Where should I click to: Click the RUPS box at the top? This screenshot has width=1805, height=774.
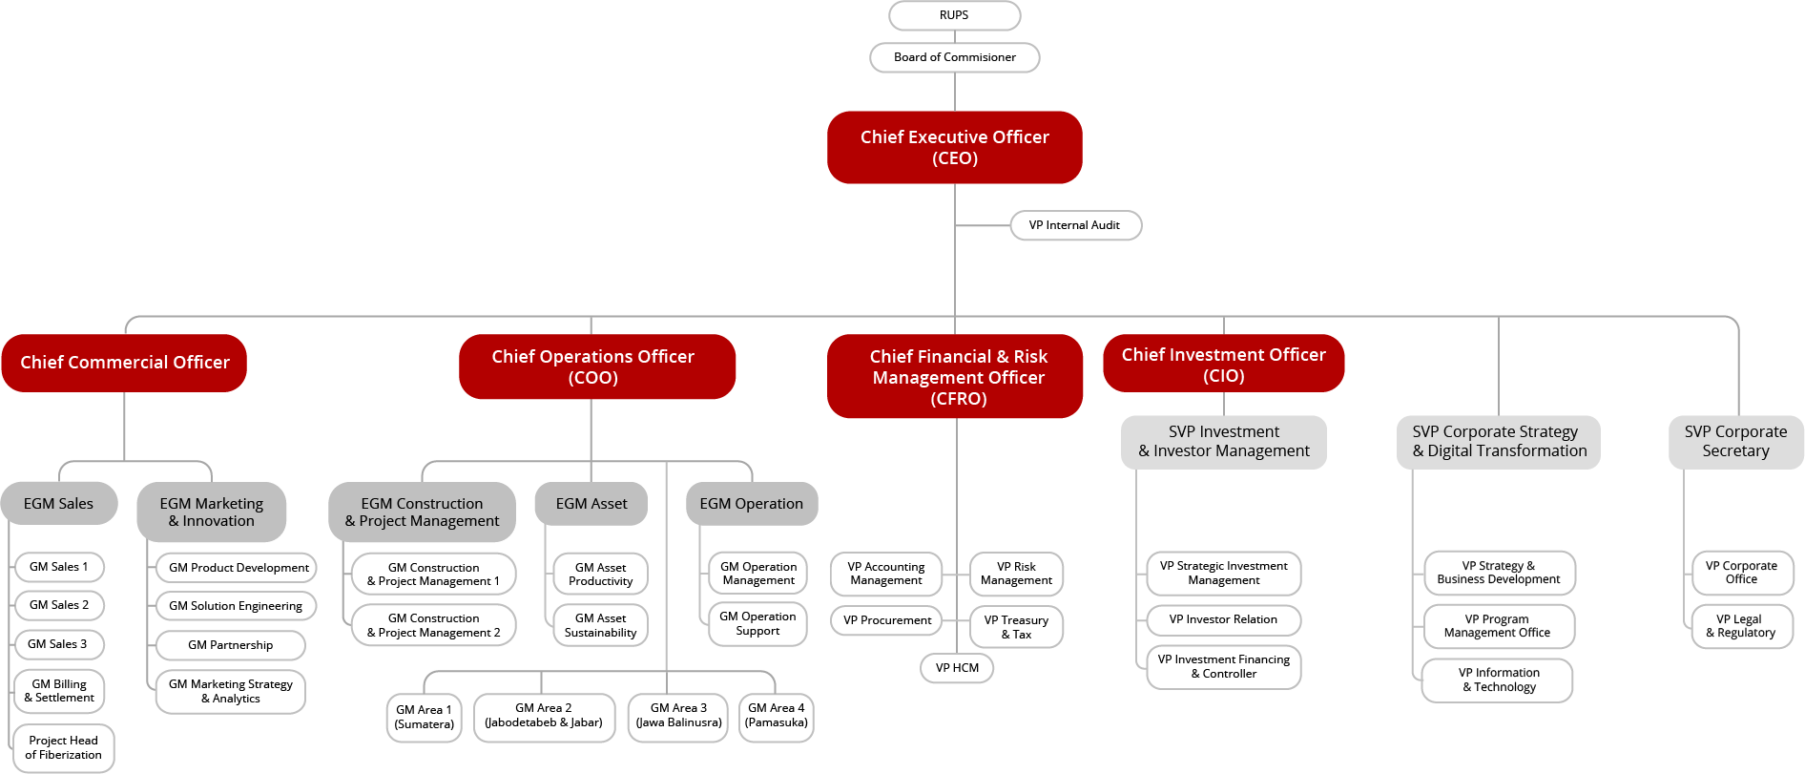pos(954,15)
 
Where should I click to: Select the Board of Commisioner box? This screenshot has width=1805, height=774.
pos(954,57)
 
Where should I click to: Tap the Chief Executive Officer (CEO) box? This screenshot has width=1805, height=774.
pos(954,147)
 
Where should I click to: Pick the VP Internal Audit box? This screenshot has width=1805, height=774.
pos(1074,225)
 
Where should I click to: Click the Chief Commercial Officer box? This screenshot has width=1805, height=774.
pos(124,363)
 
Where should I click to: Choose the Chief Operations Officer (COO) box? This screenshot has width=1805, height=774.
pos(592,366)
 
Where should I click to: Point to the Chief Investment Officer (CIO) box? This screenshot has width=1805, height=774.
pos(1223,365)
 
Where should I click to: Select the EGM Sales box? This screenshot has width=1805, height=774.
pos(58,504)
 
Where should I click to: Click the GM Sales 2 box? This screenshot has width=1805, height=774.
pos(59,605)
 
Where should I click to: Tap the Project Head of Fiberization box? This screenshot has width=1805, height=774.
pos(63,747)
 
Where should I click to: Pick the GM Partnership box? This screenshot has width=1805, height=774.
pos(230,645)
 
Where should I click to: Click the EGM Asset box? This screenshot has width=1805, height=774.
pos(591,504)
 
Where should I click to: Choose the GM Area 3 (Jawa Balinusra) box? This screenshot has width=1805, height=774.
pos(678,716)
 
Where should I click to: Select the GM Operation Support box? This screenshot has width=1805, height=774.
pos(757,623)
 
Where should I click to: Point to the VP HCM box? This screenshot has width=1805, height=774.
pos(957,668)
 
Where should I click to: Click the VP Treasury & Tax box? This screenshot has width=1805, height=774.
pos(1016,627)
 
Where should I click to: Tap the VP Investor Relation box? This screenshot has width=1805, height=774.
pos(1223,619)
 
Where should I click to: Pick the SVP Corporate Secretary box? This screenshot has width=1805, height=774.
pos(1735,442)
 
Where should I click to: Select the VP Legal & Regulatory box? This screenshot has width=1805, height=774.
pos(1741,626)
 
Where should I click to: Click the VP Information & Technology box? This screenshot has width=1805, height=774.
pos(1498,680)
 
